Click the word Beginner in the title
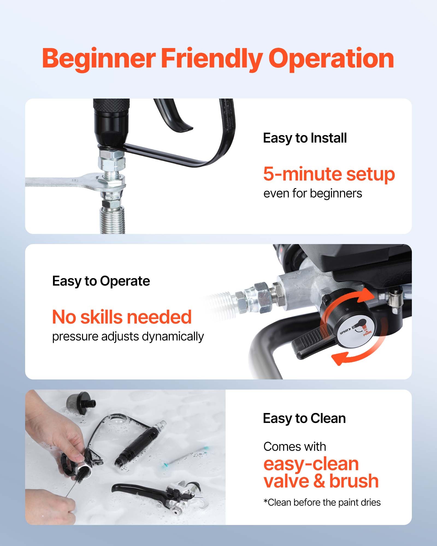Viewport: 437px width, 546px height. (x=99, y=59)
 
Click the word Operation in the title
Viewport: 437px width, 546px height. (x=331, y=59)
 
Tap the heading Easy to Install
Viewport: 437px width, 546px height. (x=305, y=138)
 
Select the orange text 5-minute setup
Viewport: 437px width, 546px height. (x=329, y=174)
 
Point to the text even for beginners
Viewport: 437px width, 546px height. (x=312, y=194)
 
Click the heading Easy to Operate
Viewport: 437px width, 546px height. (x=101, y=281)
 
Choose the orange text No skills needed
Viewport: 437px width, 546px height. (x=122, y=317)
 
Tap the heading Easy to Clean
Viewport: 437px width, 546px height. (x=304, y=418)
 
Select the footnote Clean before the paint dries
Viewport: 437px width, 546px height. (x=322, y=502)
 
